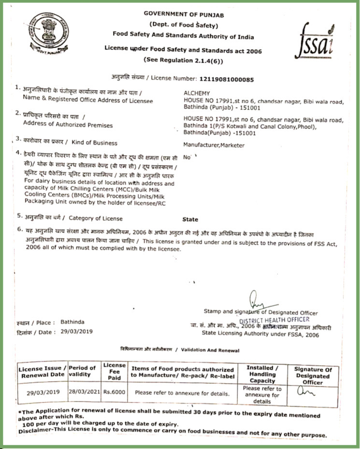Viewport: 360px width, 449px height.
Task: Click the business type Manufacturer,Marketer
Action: [214, 145]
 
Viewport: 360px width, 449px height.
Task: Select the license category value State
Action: [190, 219]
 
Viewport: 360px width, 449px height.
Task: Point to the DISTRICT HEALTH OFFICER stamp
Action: [274, 320]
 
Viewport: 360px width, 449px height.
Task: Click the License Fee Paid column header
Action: [114, 372]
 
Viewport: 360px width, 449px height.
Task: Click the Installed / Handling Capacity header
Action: [262, 374]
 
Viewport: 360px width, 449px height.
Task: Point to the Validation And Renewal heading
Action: [179, 350]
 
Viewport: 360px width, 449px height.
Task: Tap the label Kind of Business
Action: [94, 143]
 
